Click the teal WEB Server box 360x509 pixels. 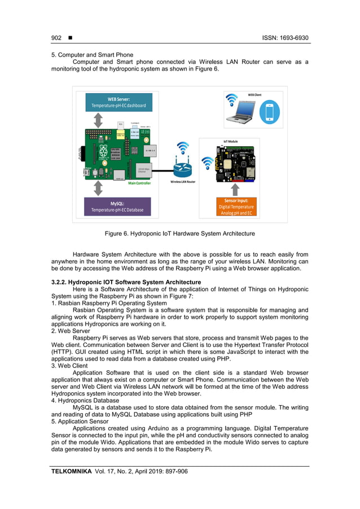click(x=118, y=102)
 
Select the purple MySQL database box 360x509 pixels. click(x=117, y=206)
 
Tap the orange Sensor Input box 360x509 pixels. click(x=236, y=207)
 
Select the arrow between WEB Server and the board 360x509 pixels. click(x=98, y=120)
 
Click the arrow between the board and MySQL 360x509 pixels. click(x=98, y=188)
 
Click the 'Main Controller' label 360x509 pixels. click(x=139, y=184)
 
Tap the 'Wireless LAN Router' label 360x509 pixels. click(x=182, y=182)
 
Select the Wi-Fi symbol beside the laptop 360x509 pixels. click(x=231, y=100)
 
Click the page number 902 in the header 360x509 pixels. click(x=56, y=38)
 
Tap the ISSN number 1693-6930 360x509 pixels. click(x=294, y=38)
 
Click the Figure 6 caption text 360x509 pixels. click(x=179, y=233)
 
